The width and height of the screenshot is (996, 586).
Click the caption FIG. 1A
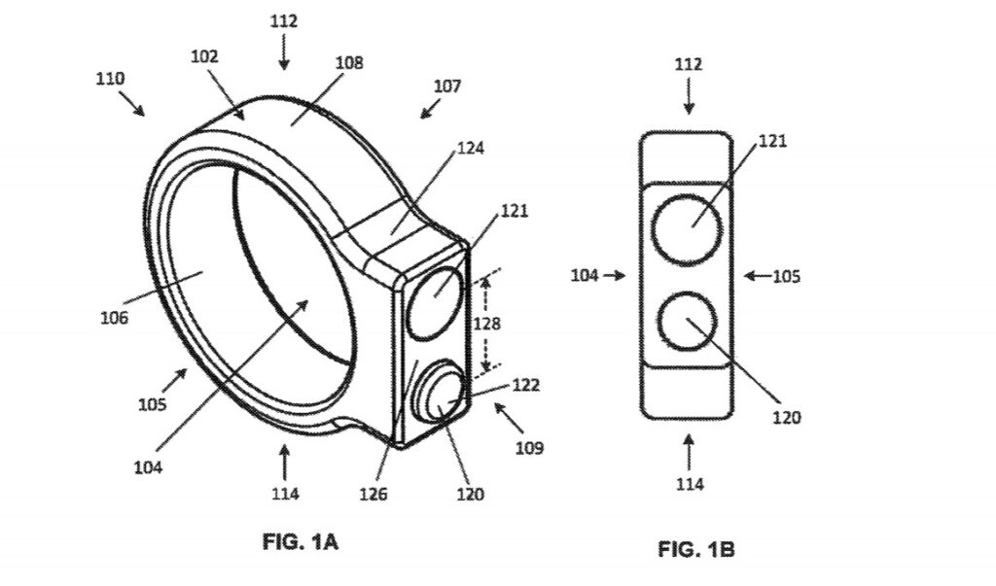pos(301,542)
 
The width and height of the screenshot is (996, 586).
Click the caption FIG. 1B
pos(695,550)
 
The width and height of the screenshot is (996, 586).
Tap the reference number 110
pos(110,79)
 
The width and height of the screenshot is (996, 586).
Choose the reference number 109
pos(530,448)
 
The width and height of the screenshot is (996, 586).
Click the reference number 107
pos(447,86)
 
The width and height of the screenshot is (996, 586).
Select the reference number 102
pos(205,56)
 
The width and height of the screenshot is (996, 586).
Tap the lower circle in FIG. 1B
pos(687,321)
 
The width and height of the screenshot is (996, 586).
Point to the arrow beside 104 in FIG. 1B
pos(614,276)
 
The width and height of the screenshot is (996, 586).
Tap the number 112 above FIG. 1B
pos(689,64)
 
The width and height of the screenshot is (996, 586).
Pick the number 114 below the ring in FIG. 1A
pos(284,493)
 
